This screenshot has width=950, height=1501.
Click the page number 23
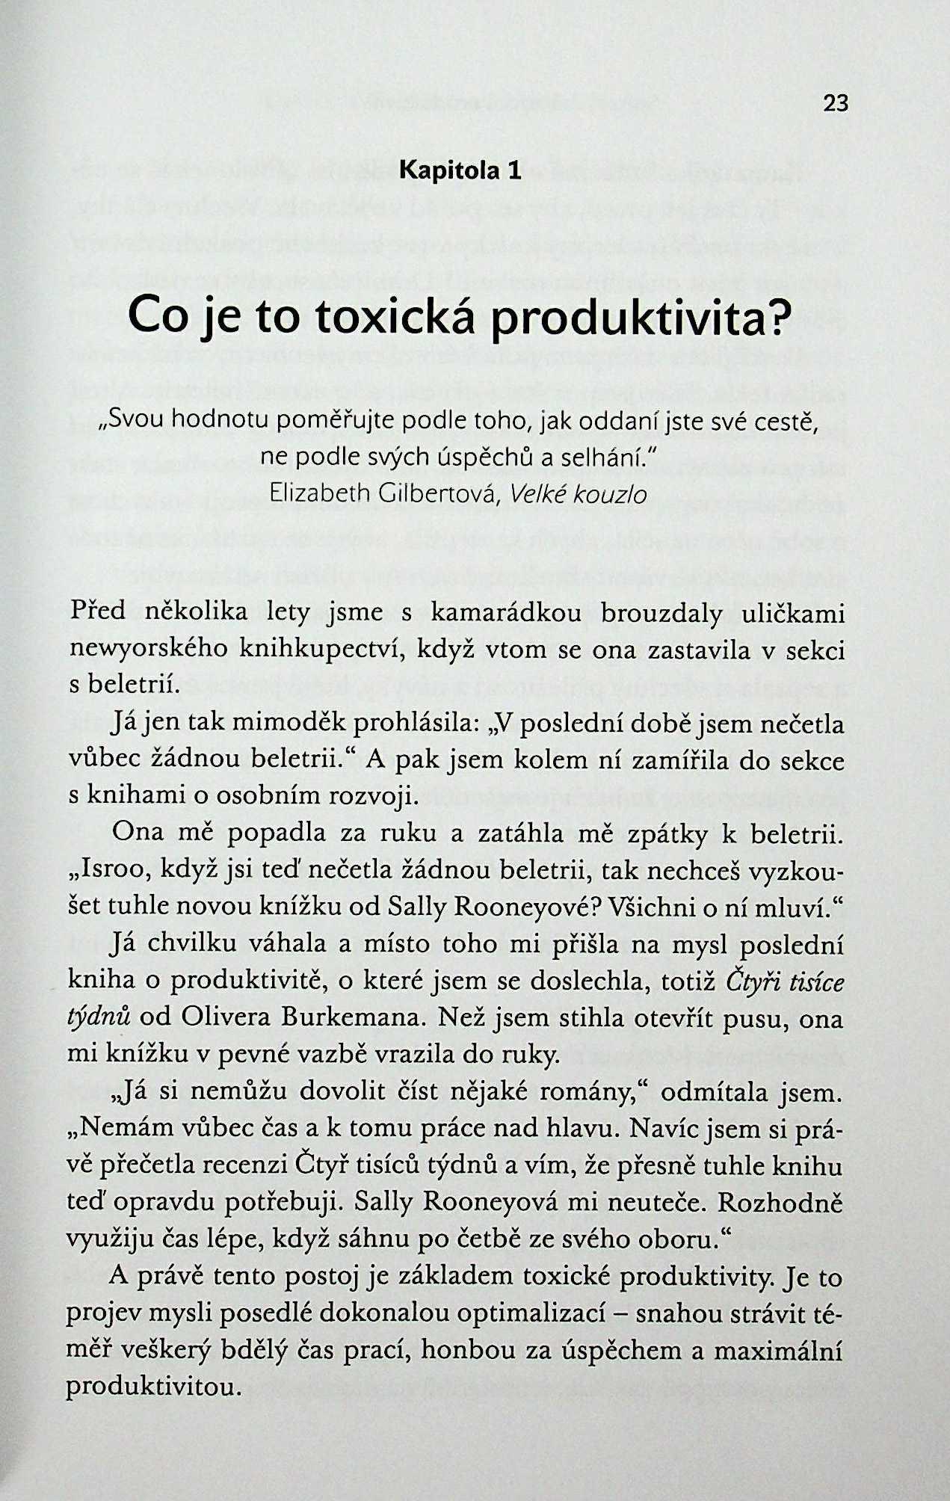tap(836, 103)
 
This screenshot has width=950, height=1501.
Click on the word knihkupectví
tap(322, 650)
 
